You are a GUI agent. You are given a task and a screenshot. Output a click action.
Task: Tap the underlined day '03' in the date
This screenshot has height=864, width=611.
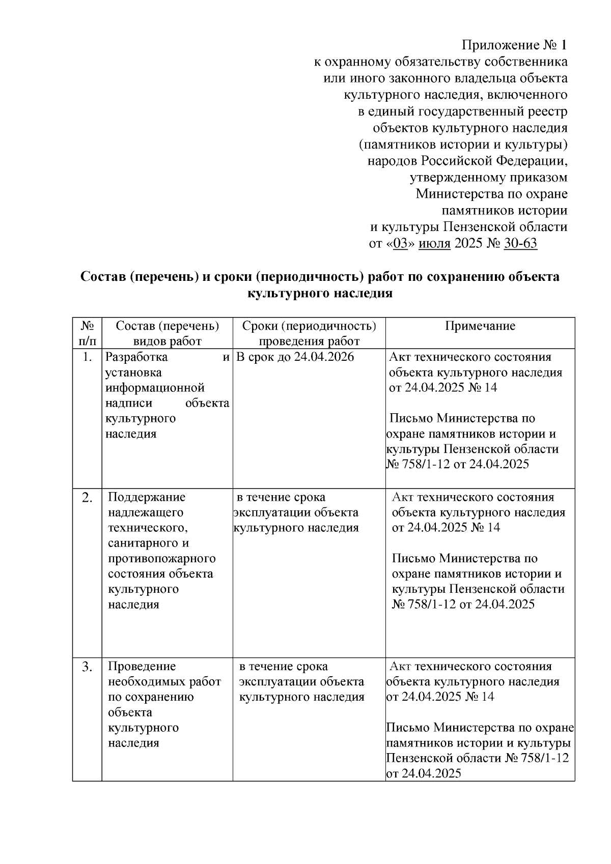tap(401, 243)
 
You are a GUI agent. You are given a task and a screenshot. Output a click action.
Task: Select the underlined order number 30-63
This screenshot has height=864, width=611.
tap(520, 243)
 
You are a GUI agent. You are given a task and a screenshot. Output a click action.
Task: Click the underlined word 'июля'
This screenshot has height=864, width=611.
tap(434, 243)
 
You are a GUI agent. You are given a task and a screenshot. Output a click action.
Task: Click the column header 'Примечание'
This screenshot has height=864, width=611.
tap(480, 326)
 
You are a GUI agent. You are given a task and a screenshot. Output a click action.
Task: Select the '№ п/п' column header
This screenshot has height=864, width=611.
tap(87, 333)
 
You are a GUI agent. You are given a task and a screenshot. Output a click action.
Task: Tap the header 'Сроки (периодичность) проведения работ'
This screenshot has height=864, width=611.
tap(309, 333)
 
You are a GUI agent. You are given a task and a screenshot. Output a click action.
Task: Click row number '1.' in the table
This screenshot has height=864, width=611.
tap(87, 358)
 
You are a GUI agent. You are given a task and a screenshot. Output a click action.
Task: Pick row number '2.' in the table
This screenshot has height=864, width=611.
tap(87, 498)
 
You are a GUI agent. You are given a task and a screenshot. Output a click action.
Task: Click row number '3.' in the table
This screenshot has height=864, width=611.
tap(87, 667)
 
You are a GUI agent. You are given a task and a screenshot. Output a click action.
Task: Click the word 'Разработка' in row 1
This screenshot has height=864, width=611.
tap(136, 357)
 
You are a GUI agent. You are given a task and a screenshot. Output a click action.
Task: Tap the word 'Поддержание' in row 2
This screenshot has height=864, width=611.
tap(147, 497)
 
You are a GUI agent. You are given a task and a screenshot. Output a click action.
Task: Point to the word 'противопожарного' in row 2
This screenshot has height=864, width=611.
tap(161, 558)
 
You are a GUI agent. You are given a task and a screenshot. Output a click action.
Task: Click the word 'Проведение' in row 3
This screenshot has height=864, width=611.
tap(142, 666)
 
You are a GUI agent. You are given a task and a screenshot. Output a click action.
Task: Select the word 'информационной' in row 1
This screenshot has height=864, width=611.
tap(155, 388)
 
